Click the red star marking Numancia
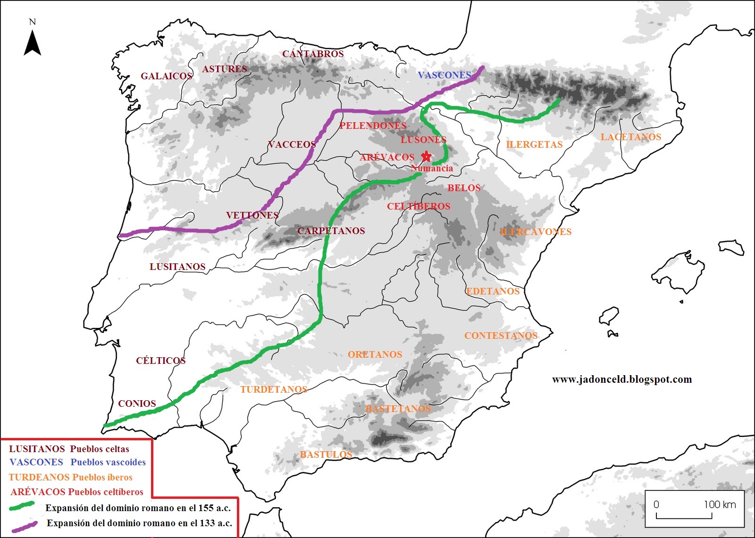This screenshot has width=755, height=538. pos(426,156)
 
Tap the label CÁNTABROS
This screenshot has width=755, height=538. pos(313,54)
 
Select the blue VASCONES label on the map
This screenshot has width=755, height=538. pos(444,75)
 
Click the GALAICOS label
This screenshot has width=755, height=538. pos(166,76)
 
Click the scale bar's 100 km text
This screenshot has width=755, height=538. pos(720,504)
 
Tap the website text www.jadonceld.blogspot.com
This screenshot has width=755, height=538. pos(621,379)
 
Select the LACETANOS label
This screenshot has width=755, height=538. pos(630,137)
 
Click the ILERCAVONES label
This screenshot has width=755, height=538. pos(536,232)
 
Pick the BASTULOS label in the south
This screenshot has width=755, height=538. pos(326,454)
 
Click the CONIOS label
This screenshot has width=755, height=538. pos(137,403)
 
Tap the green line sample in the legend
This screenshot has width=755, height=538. pos(22,506)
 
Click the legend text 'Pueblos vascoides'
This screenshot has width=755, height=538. pos(108,462)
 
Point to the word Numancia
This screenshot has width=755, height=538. pos(432,168)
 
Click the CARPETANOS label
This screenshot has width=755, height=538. pos(331,231)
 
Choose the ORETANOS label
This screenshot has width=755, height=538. pos(375,354)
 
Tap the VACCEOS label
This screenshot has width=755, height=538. pos(292,144)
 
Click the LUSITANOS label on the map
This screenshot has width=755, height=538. pos(177,267)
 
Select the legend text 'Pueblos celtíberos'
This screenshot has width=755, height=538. pos(106,492)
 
